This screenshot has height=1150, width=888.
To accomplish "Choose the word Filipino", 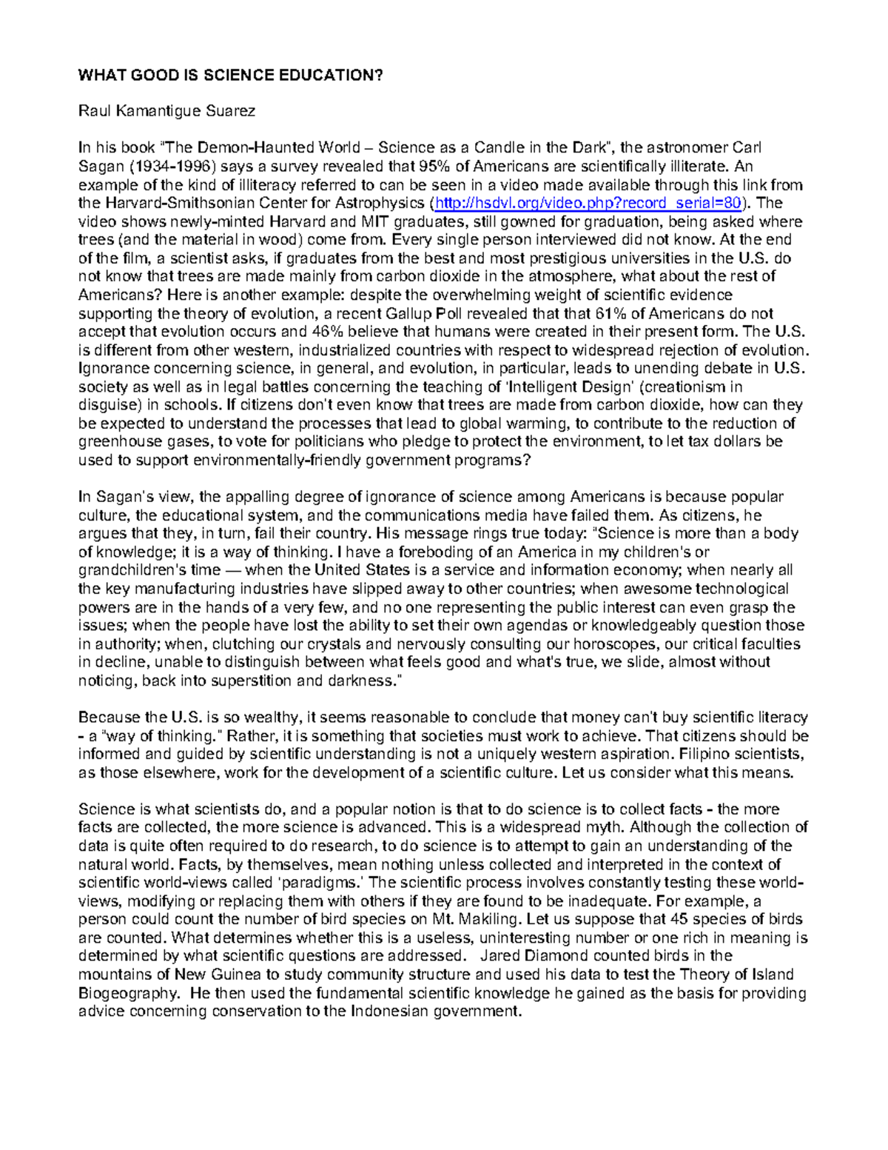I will [x=702, y=754].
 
